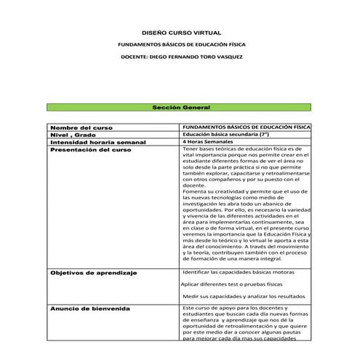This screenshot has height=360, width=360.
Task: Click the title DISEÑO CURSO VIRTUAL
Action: [x=180, y=33]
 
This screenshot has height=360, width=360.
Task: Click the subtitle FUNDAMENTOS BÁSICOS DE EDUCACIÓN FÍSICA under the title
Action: [x=180, y=45]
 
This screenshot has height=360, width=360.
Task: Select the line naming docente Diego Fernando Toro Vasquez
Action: [x=180, y=57]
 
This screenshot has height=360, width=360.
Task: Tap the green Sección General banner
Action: [x=180, y=107]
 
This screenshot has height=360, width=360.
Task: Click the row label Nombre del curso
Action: [x=81, y=127]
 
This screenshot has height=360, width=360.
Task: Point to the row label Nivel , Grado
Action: [x=73, y=135]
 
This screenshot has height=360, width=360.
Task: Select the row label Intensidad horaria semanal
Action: [x=98, y=142]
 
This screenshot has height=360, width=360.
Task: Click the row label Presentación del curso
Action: [x=91, y=149]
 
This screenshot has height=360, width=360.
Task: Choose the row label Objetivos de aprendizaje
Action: [x=94, y=273]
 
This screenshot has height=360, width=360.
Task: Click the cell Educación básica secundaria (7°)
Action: [x=226, y=135]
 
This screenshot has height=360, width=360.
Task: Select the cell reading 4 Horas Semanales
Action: [x=210, y=142]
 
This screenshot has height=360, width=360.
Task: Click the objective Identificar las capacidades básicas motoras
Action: [x=238, y=271]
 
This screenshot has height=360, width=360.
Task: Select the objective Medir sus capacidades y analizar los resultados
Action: [x=243, y=297]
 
